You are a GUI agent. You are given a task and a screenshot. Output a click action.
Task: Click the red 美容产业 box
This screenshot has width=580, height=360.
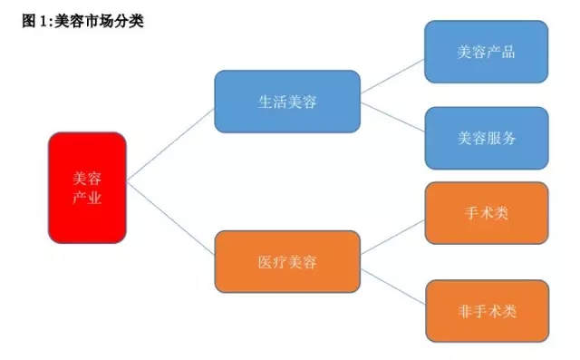point(87,188)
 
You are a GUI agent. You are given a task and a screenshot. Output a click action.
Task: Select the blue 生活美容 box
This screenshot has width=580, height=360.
point(287,101)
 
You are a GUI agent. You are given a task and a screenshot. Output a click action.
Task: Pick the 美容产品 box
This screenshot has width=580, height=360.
point(486,52)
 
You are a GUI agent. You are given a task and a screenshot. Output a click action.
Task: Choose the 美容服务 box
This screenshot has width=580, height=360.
point(486,138)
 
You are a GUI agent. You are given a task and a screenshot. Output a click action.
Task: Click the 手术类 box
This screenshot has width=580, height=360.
point(486,213)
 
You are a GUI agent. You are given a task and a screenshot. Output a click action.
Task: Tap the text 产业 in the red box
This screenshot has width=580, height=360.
point(87,199)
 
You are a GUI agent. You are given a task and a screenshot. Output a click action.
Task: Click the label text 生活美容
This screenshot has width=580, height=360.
point(287,101)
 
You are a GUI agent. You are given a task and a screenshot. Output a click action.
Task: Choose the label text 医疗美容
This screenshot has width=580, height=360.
point(287,262)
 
